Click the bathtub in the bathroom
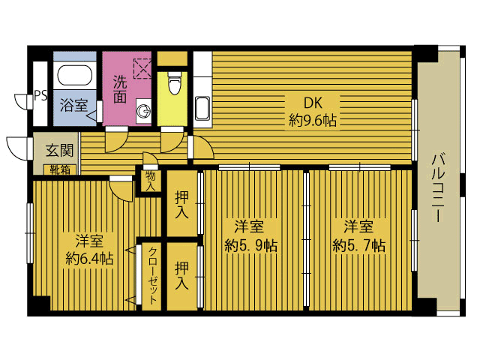click(75, 76)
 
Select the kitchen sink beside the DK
click(202, 108)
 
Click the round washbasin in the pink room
click(143, 111)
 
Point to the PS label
click(40, 95)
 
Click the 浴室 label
click(73, 105)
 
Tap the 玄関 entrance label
click(60, 150)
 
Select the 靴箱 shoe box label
click(60, 169)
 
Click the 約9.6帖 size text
click(313, 121)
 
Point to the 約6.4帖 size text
click(89, 259)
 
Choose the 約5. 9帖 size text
click(251, 245)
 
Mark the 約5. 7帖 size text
click(358, 245)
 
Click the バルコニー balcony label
click(438, 187)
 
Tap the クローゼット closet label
click(152, 275)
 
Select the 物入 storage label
click(150, 181)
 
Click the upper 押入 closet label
click(181, 205)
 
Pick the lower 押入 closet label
click(181, 275)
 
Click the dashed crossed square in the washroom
click(142, 68)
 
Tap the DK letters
click(313, 103)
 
